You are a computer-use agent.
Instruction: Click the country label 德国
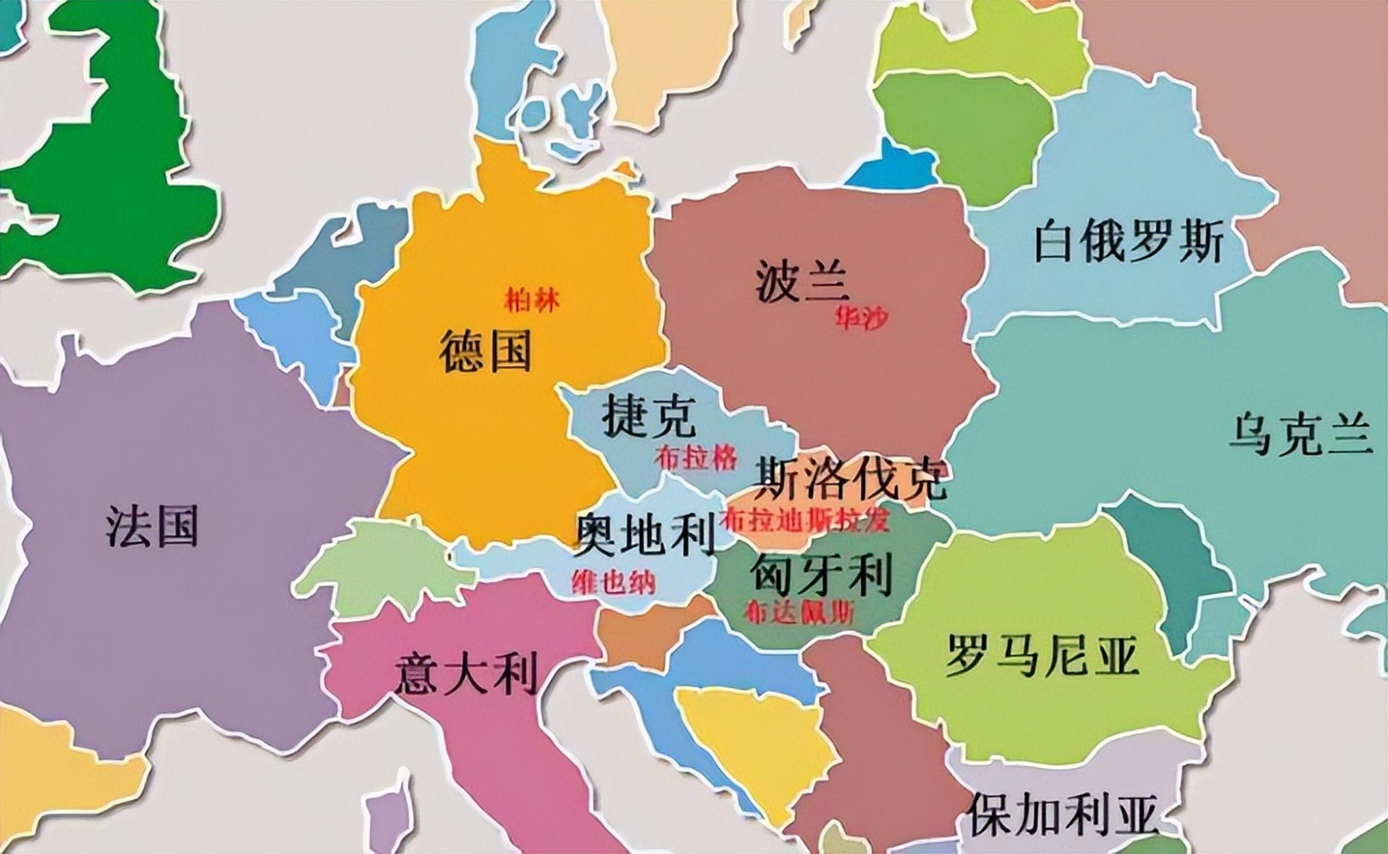[485, 352]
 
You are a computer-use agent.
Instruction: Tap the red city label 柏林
[532, 302]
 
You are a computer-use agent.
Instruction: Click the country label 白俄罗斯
[1128, 244]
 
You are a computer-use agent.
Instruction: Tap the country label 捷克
[649, 416]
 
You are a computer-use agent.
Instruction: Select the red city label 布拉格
[696, 458]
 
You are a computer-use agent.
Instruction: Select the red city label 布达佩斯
[800, 612]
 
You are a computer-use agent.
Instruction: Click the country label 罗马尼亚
[1042, 655]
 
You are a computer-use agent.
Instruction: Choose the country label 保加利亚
[1062, 813]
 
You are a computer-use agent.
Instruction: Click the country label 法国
[152, 526]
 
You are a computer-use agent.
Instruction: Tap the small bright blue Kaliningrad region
[895, 167]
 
